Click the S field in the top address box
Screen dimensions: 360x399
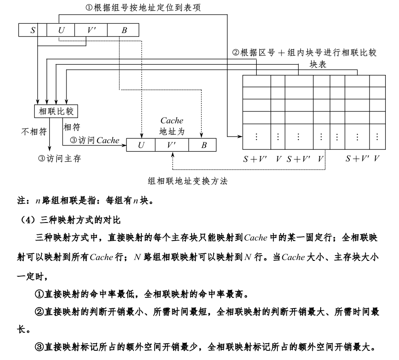coord(33,30)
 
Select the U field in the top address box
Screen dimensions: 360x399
coord(60,30)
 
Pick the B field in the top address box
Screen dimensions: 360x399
coord(124,30)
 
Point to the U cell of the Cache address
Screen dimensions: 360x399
coord(141,145)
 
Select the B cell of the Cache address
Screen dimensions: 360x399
coord(203,145)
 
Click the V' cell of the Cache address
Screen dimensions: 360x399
coord(172,145)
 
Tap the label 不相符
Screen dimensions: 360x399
coord(34,131)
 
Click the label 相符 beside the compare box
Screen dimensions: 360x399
coord(72,127)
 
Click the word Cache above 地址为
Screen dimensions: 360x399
coord(172,121)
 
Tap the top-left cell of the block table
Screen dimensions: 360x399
coord(256,82)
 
